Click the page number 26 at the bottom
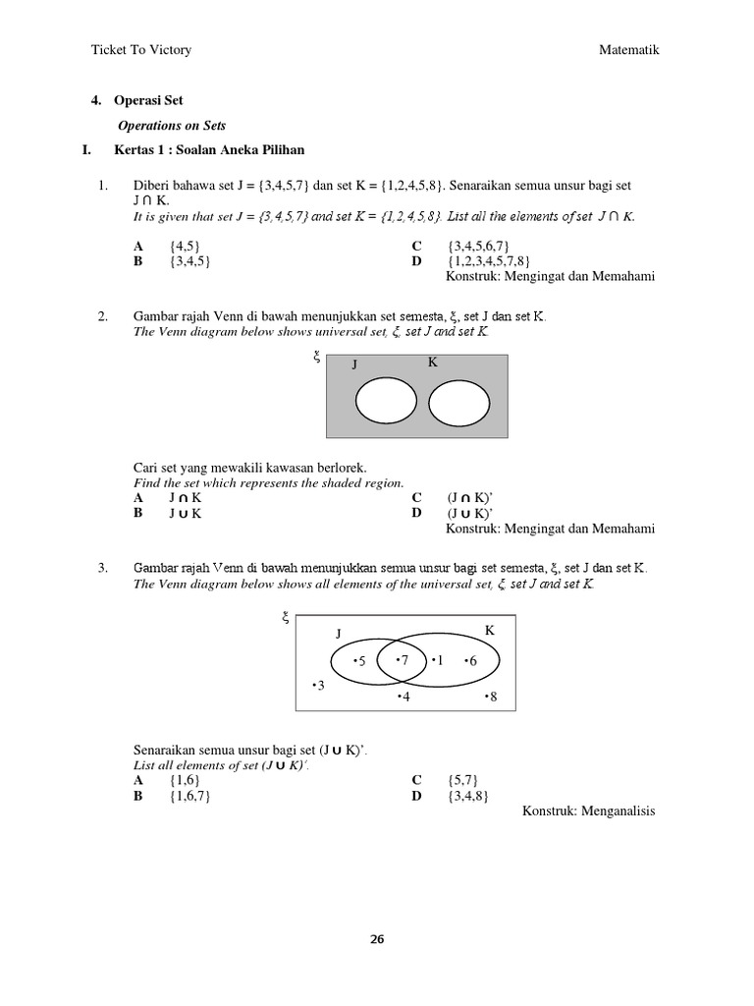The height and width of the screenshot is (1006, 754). [377, 938]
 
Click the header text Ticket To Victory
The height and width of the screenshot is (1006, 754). [140, 50]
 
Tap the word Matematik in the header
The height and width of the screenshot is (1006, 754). [629, 50]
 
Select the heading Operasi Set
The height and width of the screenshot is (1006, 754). [150, 100]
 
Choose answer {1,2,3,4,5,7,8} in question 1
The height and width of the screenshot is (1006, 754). [488, 261]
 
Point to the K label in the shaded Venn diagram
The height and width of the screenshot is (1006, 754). [432, 363]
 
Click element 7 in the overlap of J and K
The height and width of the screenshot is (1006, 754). [403, 660]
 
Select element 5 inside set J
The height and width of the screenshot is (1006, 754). [359, 661]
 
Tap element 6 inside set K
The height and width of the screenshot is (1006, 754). [469, 661]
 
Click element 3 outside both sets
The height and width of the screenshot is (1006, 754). [317, 685]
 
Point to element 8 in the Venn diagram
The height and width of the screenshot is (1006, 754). [491, 697]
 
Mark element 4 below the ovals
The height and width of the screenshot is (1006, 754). [404, 697]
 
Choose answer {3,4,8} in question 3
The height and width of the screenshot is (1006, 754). [467, 795]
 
